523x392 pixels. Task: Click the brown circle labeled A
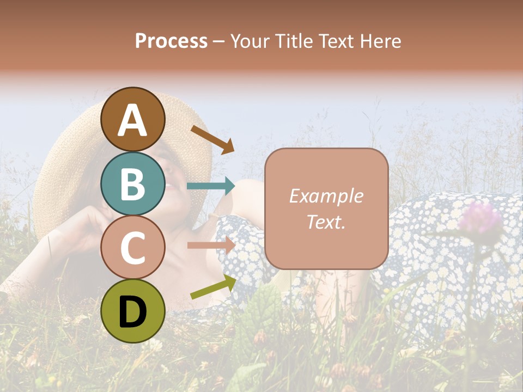(133, 119)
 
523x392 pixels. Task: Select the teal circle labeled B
(133, 183)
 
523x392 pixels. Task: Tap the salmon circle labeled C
(133, 247)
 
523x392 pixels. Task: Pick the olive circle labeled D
(133, 311)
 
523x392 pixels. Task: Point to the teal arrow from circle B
(211, 186)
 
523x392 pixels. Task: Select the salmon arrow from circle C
(211, 246)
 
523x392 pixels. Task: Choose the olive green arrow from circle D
(213, 286)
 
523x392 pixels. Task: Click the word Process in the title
(171, 41)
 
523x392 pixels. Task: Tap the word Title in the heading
(293, 41)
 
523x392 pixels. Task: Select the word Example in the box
(326, 196)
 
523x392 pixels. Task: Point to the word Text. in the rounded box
(326, 222)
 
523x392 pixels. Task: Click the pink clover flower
(479, 218)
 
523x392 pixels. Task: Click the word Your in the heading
(250, 41)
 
